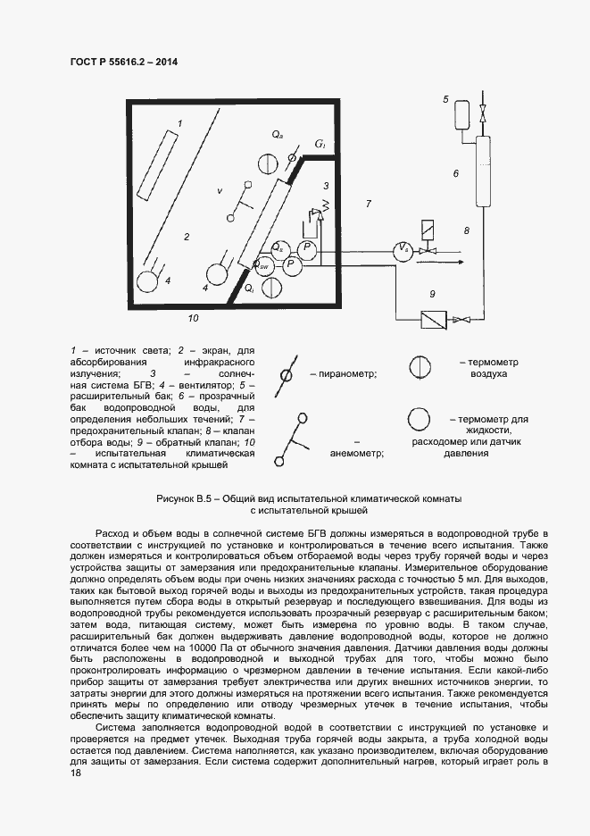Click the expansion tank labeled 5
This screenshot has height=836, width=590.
[x=461, y=114]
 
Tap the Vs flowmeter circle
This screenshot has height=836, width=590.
[x=403, y=250]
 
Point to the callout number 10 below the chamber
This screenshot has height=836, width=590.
[x=194, y=317]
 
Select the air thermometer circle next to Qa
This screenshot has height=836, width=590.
[x=268, y=163]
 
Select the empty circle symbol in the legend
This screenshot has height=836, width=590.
[x=420, y=419]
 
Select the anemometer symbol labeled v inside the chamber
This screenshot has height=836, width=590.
[x=239, y=200]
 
